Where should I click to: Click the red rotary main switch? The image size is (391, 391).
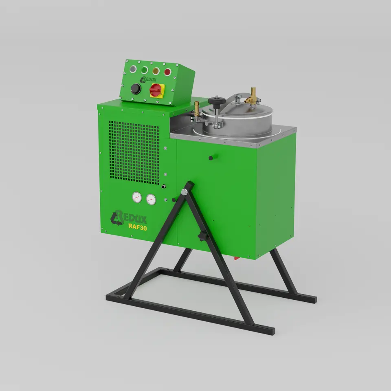coord(157,90)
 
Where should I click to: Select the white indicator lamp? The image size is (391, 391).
coord(133,69)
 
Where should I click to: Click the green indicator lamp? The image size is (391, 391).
coord(144,70)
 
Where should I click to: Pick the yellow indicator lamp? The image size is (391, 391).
coord(156,71)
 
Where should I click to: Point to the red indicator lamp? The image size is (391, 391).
coord(167,72)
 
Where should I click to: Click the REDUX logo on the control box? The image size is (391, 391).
coord(148,79)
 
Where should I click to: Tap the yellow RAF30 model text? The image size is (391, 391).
coord(137,226)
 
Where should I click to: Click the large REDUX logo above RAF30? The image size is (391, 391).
coord(128,217)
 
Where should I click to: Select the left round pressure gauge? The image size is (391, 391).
coord(137,198)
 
